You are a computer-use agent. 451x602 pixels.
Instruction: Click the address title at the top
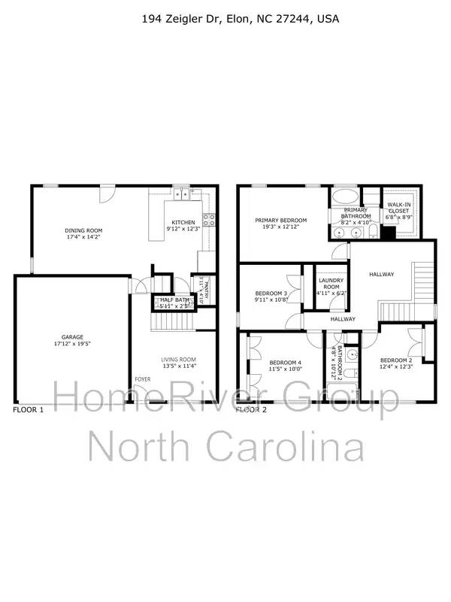coord(241,18)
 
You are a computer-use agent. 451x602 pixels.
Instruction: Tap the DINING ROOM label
coord(84,230)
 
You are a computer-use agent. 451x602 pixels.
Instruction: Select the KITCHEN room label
coord(183,222)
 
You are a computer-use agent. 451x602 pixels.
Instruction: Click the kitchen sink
coord(182,195)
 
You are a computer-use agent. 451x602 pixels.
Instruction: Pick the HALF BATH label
coord(174,300)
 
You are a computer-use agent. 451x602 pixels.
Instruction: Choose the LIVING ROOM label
coord(179,359)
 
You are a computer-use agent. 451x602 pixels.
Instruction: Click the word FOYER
coord(142,379)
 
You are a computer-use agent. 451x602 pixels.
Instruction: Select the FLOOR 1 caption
coord(29,410)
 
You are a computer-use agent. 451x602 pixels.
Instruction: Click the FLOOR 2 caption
coord(252,410)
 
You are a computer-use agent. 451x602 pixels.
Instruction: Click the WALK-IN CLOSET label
coord(398,208)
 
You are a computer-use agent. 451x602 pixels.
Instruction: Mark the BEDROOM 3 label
coord(271,293)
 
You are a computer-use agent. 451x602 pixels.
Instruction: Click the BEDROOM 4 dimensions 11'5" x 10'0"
coord(286,369)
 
